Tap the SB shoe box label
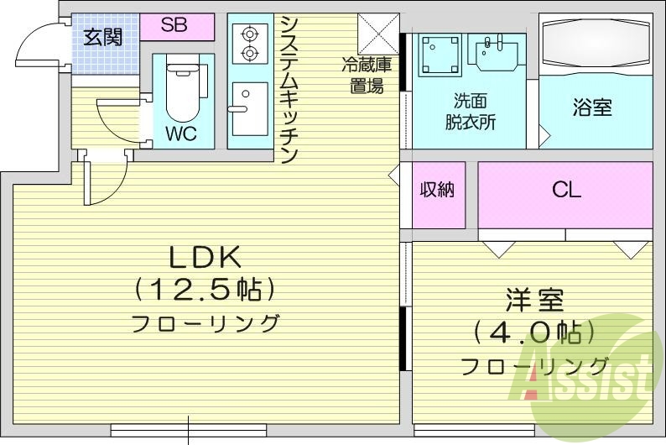tap(174, 25)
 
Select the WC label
tap(180, 133)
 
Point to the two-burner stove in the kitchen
tap(248, 44)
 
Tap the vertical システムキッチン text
tap(289, 89)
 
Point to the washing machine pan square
tap(438, 55)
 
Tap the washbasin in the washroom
tap(498, 53)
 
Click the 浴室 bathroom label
tap(592, 107)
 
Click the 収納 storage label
tap(437, 190)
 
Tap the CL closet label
tap(566, 190)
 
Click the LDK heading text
tap(206, 255)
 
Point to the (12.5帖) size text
tap(206, 291)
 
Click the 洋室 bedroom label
tap(533, 298)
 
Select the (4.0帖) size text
tap(533, 332)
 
